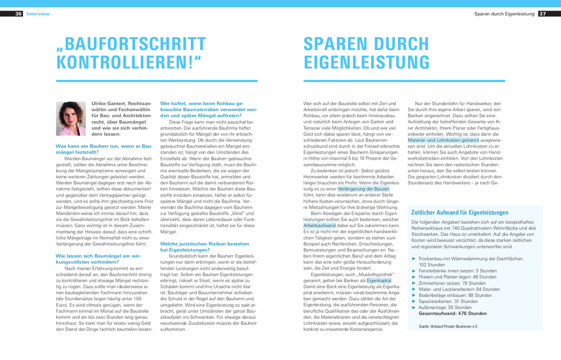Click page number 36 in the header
[19, 14]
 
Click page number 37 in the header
[542, 14]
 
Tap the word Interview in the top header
[38, 14]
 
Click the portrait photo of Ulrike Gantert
[71, 118]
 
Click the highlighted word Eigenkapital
[379, 281]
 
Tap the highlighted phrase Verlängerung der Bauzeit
[363, 189]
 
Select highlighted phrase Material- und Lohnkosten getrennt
[443, 140]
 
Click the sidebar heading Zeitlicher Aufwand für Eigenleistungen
[460, 212]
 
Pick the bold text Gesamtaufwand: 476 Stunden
[452, 313]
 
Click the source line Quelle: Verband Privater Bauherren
[448, 327]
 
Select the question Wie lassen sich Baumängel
[96, 259]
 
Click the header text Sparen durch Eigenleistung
[504, 14]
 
